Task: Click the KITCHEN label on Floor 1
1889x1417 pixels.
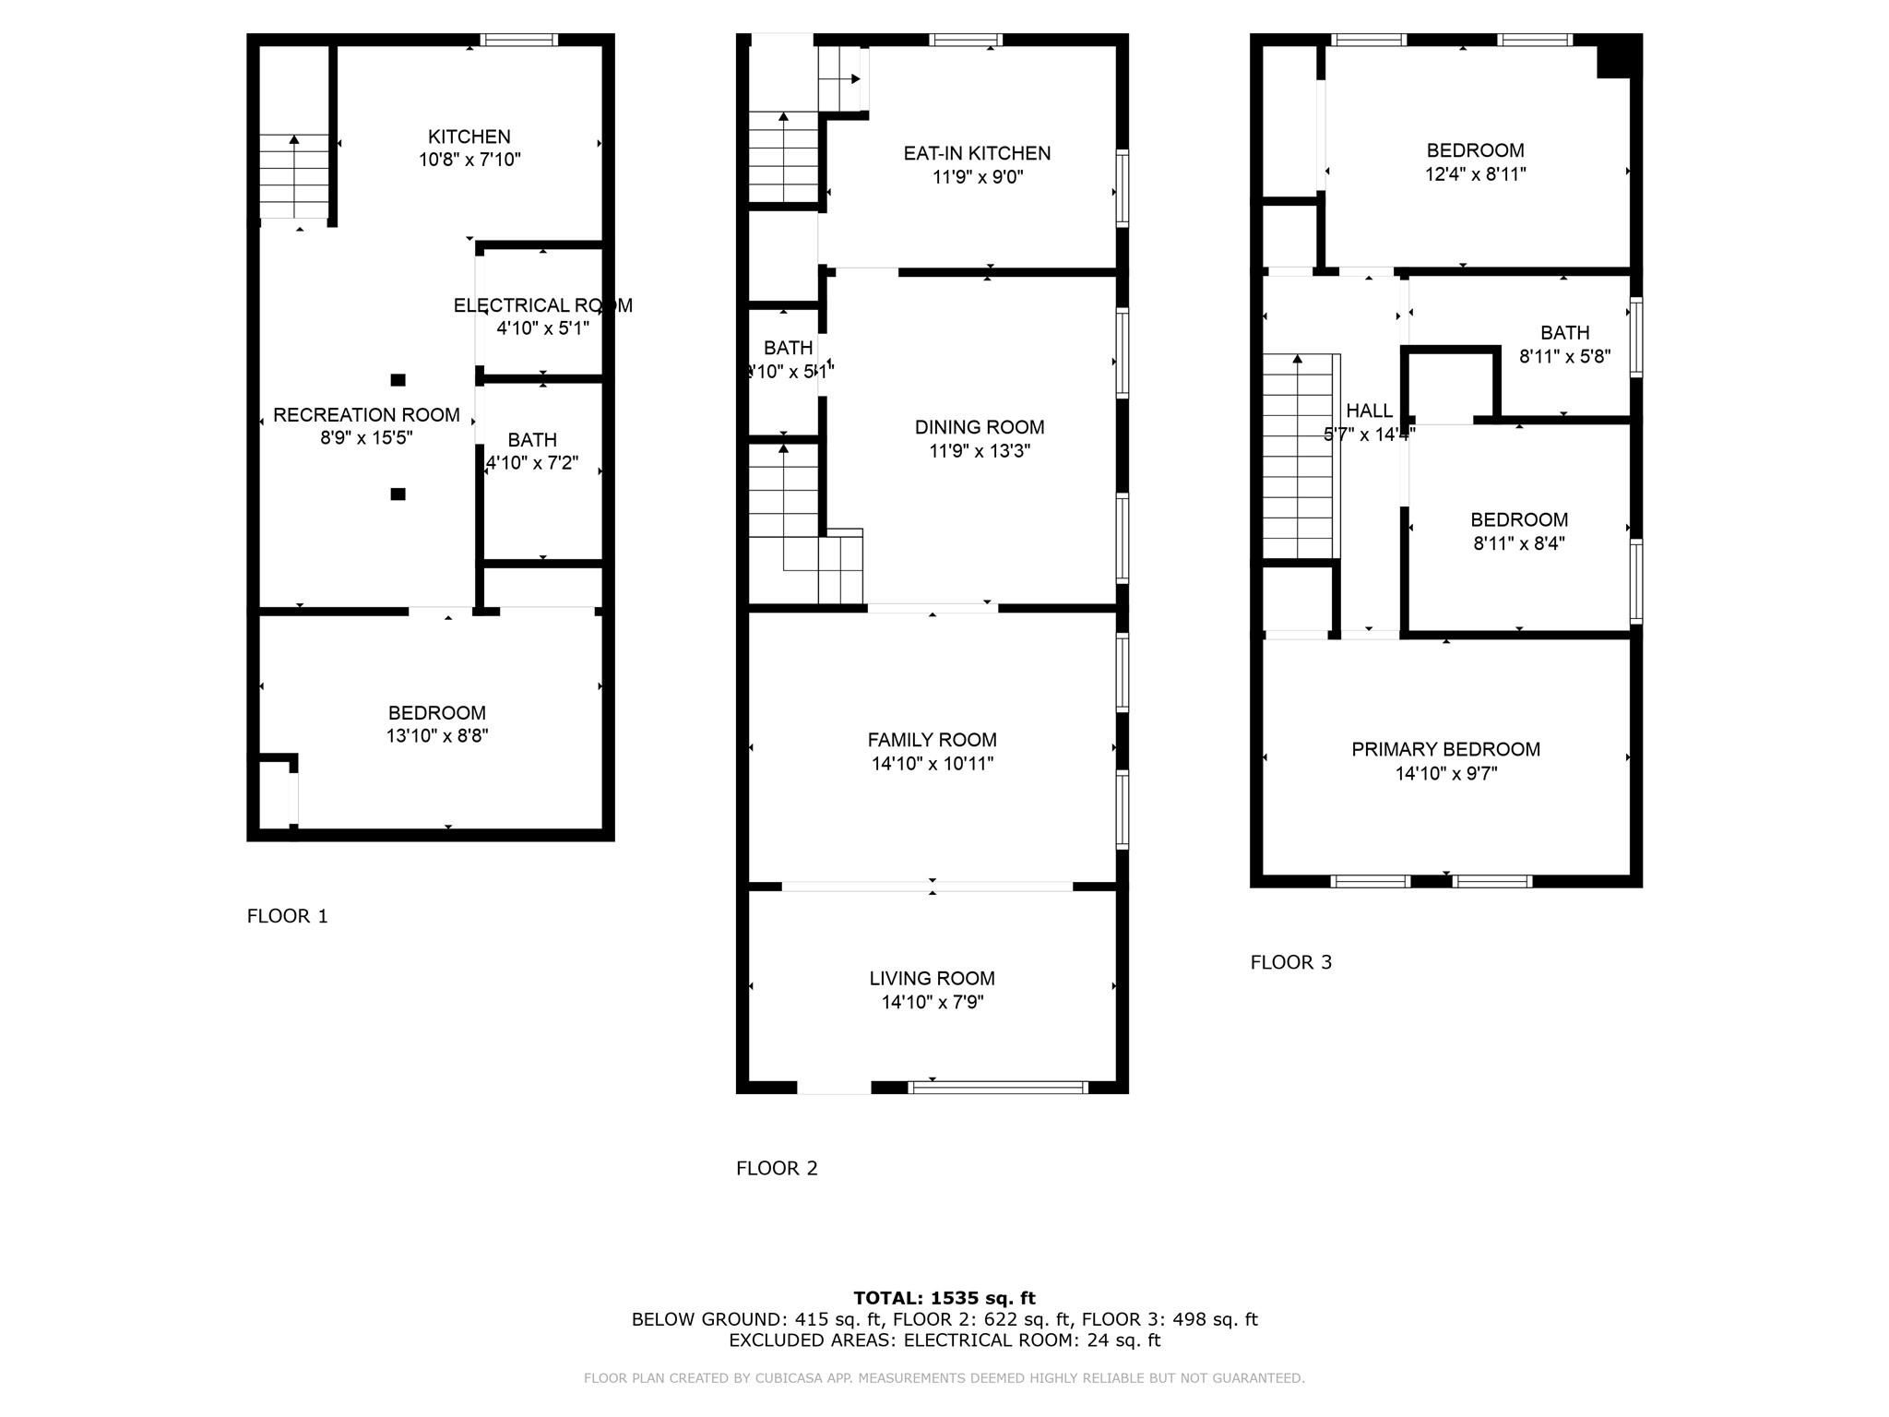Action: pyautogui.click(x=469, y=137)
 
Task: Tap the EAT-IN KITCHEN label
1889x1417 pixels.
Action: pyautogui.click(x=977, y=153)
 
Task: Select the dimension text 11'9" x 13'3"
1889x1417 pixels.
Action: pyautogui.click(x=979, y=451)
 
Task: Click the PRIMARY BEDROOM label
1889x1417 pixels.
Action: pyautogui.click(x=1445, y=749)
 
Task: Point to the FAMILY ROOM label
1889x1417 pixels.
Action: pyautogui.click(x=932, y=740)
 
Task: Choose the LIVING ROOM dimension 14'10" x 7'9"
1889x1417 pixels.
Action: pyautogui.click(x=932, y=1003)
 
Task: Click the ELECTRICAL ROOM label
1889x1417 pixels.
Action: pyautogui.click(x=542, y=305)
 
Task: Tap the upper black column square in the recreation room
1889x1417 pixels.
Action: pyautogui.click(x=398, y=380)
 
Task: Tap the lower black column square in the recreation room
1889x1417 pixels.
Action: pyautogui.click(x=398, y=494)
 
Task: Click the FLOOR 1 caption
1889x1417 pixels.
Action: pyautogui.click(x=287, y=916)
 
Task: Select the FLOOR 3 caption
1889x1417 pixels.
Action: pyautogui.click(x=1290, y=962)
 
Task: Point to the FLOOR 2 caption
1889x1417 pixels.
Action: pyautogui.click(x=777, y=1168)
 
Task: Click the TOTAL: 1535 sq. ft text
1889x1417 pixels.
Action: pyautogui.click(x=944, y=1298)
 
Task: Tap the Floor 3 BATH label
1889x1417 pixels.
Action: pyautogui.click(x=1564, y=333)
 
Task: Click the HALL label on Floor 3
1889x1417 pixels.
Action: pyautogui.click(x=1369, y=411)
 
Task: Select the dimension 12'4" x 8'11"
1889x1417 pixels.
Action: pyautogui.click(x=1475, y=174)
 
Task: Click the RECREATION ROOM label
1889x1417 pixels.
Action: pyautogui.click(x=366, y=415)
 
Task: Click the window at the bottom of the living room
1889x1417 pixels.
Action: pyautogui.click(x=998, y=1088)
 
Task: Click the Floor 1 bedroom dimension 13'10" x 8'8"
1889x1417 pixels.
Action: pyautogui.click(x=436, y=736)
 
